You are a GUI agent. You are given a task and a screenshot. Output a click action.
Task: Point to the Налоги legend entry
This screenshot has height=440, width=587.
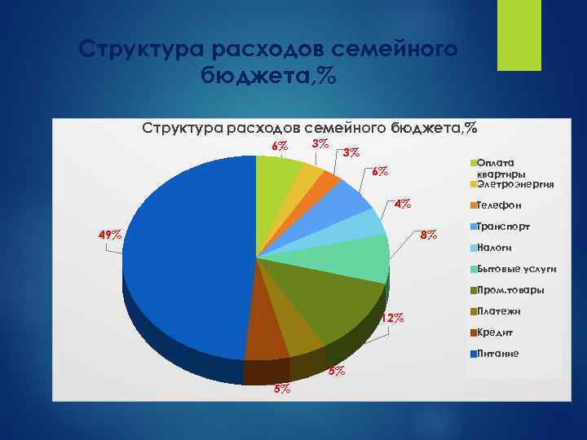[x=494, y=248]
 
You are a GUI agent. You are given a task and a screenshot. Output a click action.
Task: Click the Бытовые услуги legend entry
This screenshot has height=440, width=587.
[x=516, y=269]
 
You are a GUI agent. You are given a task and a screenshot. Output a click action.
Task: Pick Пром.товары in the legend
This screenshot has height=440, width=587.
[x=510, y=290]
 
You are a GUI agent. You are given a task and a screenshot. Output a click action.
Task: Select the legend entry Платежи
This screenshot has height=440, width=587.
[x=499, y=311]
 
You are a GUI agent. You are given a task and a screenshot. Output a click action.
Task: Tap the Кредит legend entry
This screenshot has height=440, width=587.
[x=496, y=332]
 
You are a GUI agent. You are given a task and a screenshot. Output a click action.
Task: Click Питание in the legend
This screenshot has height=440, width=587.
[x=498, y=354]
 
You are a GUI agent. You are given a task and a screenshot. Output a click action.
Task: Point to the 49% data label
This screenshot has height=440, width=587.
[x=110, y=235]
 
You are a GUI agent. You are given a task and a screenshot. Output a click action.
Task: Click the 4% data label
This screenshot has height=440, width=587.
[x=402, y=204]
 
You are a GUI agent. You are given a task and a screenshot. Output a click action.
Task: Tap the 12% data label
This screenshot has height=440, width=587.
[x=392, y=318]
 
